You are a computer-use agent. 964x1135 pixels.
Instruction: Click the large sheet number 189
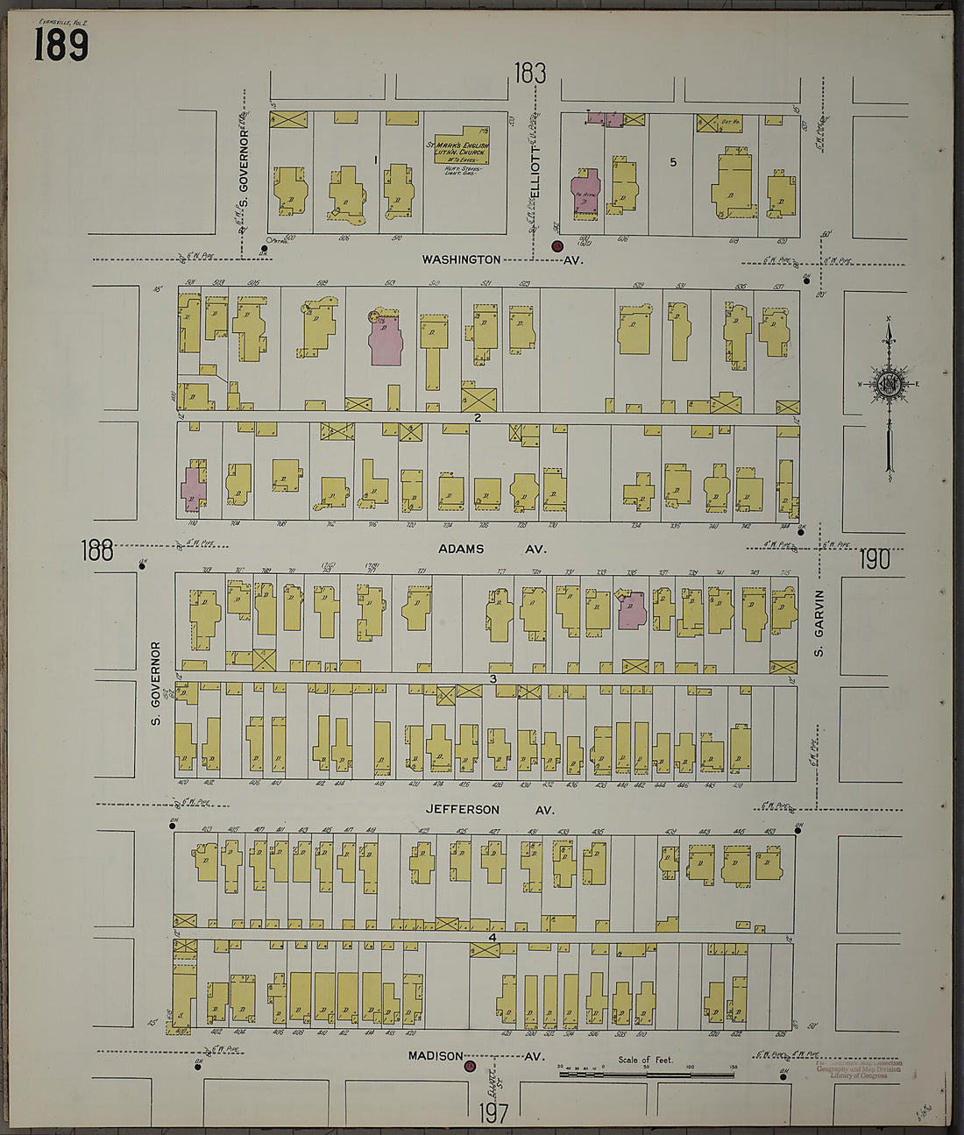61,43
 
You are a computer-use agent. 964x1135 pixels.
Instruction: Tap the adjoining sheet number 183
530,74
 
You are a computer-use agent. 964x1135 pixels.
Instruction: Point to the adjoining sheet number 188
97,550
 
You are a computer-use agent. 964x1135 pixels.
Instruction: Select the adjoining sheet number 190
874,559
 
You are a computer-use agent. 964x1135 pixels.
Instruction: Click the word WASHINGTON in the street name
461,259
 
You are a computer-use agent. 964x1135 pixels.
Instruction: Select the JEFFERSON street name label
463,810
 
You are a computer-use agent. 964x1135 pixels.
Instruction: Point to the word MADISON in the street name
435,1056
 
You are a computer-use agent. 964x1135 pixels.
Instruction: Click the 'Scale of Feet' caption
646,1060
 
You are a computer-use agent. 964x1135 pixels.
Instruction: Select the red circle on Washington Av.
556,246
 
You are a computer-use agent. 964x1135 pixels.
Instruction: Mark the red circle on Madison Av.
470,1067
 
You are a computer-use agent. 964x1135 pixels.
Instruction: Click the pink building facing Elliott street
584,192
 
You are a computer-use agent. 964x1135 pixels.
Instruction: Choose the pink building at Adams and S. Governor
192,488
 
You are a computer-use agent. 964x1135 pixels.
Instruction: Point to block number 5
673,160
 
